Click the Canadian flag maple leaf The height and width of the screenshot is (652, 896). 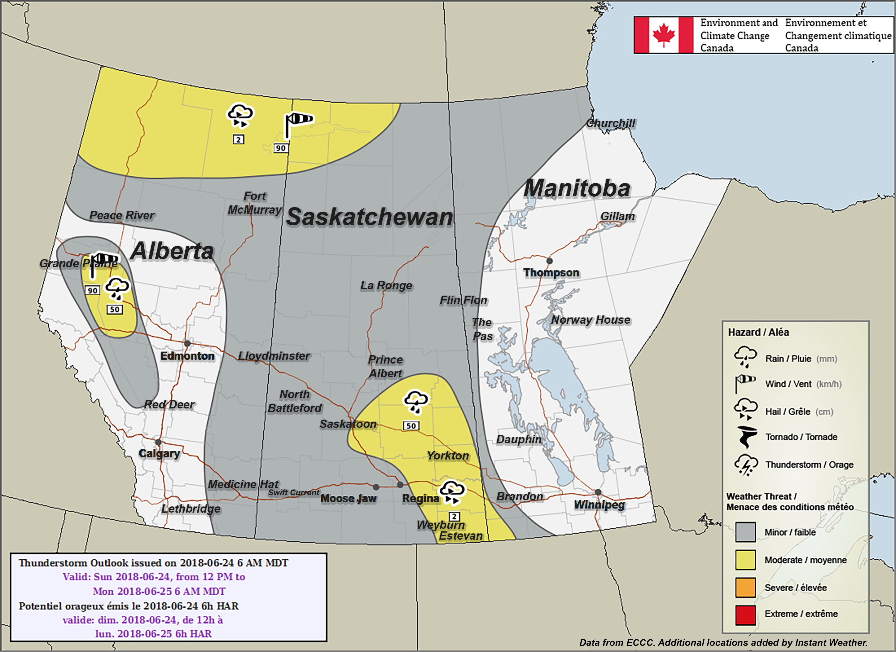click(663, 35)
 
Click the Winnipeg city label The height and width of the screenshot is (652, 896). click(599, 505)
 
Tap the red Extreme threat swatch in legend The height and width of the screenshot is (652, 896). click(745, 615)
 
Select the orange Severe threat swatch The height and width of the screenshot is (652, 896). click(745, 587)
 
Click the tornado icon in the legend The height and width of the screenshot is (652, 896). click(746, 437)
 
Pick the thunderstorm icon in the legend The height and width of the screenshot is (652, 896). click(746, 465)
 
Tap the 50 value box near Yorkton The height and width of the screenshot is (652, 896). click(411, 425)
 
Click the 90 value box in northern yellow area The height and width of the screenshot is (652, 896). click(280, 148)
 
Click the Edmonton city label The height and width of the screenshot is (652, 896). click(187, 356)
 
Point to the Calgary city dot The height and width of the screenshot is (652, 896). click(158, 442)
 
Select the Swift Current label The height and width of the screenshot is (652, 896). click(293, 492)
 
